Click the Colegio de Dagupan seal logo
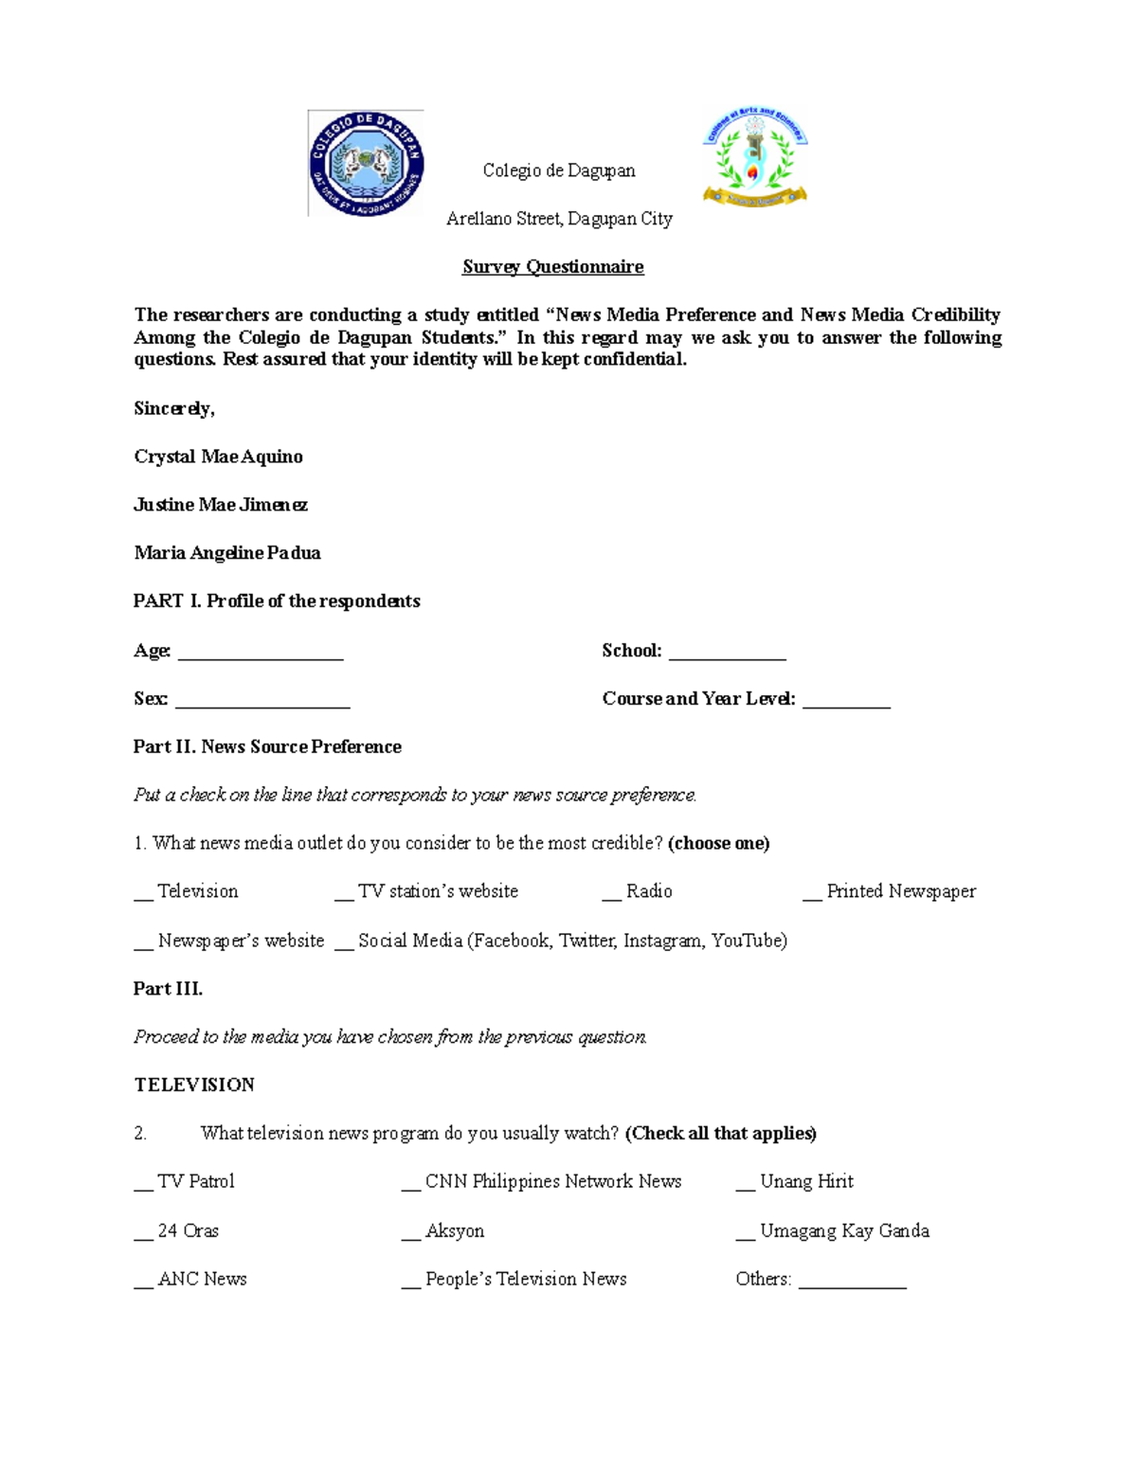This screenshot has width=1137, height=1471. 366,164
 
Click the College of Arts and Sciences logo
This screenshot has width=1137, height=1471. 754,158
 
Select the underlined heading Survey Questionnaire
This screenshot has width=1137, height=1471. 552,267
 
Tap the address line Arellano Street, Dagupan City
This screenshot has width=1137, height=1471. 559,219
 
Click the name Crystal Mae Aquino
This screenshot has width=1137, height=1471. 218,457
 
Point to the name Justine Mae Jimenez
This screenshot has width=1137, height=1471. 220,505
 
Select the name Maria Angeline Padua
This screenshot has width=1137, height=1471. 226,553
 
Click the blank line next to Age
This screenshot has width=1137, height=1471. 261,654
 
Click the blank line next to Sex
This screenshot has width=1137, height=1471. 262,702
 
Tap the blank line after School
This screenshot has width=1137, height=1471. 728,654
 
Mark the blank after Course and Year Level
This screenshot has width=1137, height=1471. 846,702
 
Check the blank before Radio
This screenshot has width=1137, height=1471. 611,894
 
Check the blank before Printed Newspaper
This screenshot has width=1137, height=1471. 812,894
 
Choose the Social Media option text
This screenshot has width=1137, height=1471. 572,941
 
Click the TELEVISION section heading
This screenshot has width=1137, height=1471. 194,1085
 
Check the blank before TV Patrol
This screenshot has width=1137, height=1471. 143,1184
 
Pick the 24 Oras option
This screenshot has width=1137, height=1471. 188,1231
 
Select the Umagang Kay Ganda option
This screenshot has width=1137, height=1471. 844,1231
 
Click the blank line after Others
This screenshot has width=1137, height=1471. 852,1283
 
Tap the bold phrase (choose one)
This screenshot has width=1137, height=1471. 718,844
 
